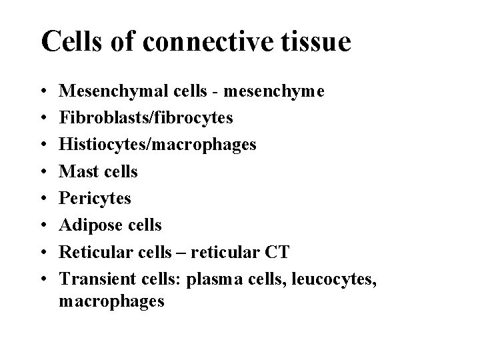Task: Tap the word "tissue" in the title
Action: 317,41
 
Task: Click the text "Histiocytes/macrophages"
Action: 157,145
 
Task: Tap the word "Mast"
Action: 76,171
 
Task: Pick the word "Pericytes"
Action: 95,198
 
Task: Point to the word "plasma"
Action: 211,278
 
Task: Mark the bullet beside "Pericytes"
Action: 43,199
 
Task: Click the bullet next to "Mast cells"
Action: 43,172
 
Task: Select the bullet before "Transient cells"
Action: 43,279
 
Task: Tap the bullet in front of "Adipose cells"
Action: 43,225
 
